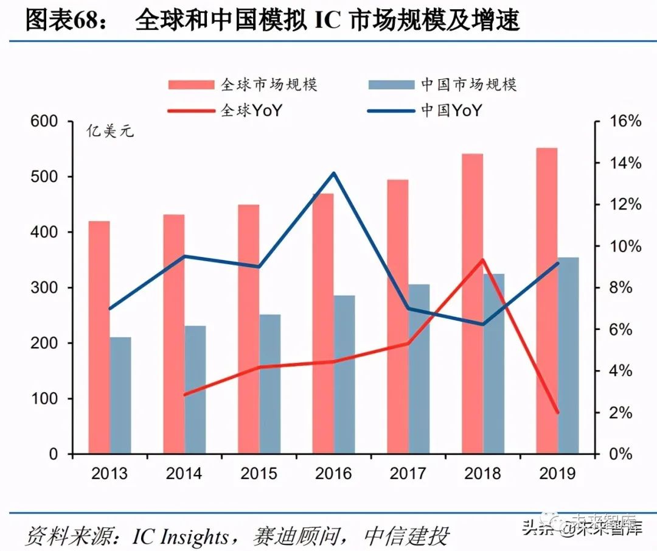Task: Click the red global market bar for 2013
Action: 99,338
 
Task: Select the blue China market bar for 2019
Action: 568,356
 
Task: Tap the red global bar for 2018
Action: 473,304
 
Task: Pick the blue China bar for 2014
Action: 195,390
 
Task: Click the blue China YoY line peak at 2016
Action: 333,174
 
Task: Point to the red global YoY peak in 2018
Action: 483,260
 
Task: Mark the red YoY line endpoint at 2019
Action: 557,412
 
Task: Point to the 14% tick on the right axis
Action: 625,163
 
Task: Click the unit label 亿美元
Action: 109,130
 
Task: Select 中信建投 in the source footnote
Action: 406,536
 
